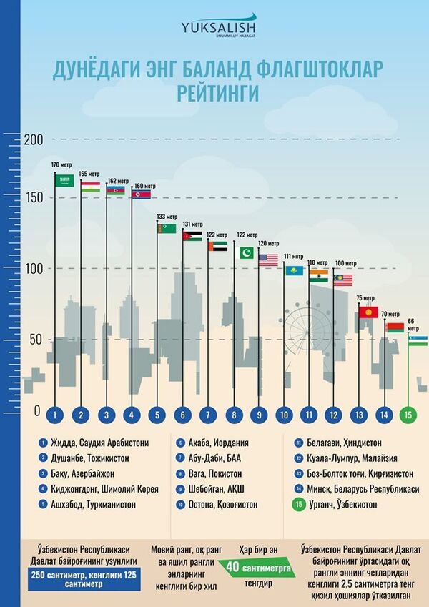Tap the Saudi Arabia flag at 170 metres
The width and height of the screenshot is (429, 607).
[x=65, y=181]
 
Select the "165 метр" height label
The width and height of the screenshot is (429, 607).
[x=88, y=174]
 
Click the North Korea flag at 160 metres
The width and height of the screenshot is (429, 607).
[x=141, y=194]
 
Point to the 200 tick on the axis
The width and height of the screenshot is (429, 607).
[x=33, y=139]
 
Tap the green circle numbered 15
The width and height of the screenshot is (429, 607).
[x=408, y=414]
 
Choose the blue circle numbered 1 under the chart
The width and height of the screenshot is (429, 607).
[x=55, y=414]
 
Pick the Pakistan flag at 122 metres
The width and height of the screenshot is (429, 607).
[x=245, y=253]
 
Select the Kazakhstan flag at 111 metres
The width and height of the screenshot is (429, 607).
[x=293, y=271]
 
